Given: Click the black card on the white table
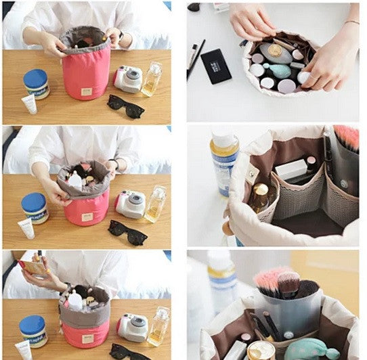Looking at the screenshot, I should pos(216,66).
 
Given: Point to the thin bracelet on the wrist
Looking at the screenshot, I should pos(351,22).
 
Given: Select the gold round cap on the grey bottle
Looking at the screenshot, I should pos(275,49).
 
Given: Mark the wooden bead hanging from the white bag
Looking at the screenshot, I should pos(228,229).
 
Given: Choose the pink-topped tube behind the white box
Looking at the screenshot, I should pos(311,162).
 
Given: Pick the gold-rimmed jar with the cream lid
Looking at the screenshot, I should pos(261,351).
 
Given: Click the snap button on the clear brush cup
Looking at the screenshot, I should pos(289,334).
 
